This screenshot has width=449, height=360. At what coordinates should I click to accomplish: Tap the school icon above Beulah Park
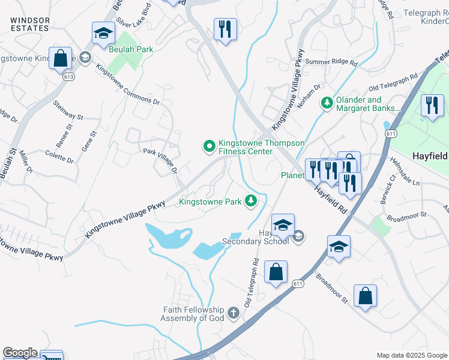pos(103,34)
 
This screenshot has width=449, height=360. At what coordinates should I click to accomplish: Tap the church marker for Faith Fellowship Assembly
pos(233,313)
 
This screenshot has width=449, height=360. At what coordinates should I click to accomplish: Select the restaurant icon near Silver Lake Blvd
pos(225,29)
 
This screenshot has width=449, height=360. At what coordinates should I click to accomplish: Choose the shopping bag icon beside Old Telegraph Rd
pos(276,272)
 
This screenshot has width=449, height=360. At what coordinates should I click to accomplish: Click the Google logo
pos(20,353)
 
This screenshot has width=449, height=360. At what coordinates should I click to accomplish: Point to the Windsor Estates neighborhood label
pos(29,24)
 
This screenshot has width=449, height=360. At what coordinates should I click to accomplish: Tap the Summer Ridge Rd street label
pos(331,62)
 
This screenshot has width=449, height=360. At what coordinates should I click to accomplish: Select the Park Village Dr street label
pos(160,160)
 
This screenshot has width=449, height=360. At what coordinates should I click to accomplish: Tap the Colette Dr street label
pos(59,157)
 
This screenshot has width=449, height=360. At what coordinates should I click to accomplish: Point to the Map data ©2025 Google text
pos(412,355)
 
